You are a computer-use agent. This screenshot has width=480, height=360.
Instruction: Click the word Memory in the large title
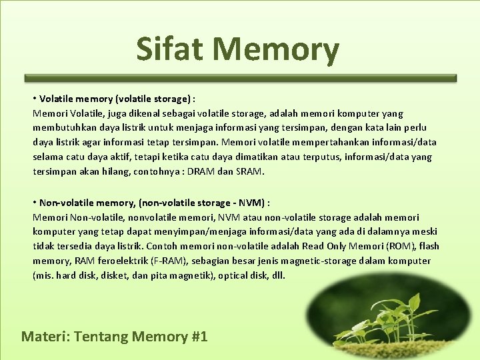(276, 50)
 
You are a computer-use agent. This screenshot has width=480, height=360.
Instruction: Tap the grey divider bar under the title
(240, 78)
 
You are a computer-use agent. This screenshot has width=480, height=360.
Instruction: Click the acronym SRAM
(250, 171)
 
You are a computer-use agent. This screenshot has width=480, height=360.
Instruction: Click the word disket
(105, 275)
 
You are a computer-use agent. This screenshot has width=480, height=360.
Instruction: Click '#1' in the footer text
(199, 336)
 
